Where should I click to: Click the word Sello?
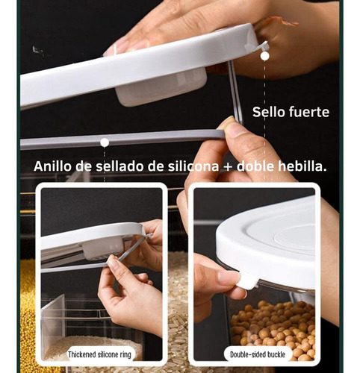coord(269,112)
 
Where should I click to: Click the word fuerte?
coord(309,112)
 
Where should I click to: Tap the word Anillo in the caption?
coord(52,166)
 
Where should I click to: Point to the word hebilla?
coord(302,166)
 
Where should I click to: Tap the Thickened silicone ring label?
coord(99,354)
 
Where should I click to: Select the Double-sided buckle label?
coord(258,354)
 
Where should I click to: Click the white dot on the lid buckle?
coord(264,56)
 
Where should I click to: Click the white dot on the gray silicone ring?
coord(105,142)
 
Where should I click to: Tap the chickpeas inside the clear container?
coord(273,328)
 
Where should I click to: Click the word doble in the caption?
coord(255,166)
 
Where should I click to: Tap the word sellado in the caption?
coord(120,166)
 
